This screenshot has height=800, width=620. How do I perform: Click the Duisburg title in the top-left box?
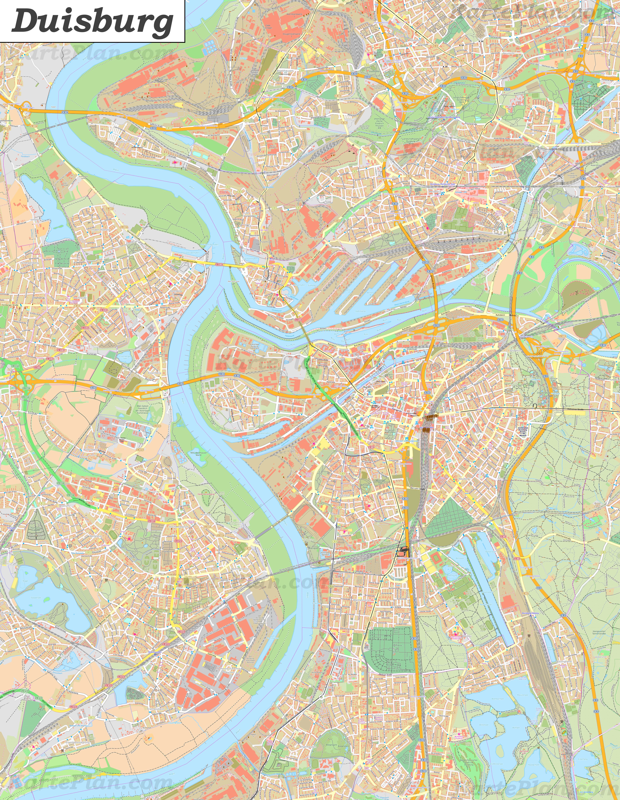tap(92, 21)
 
